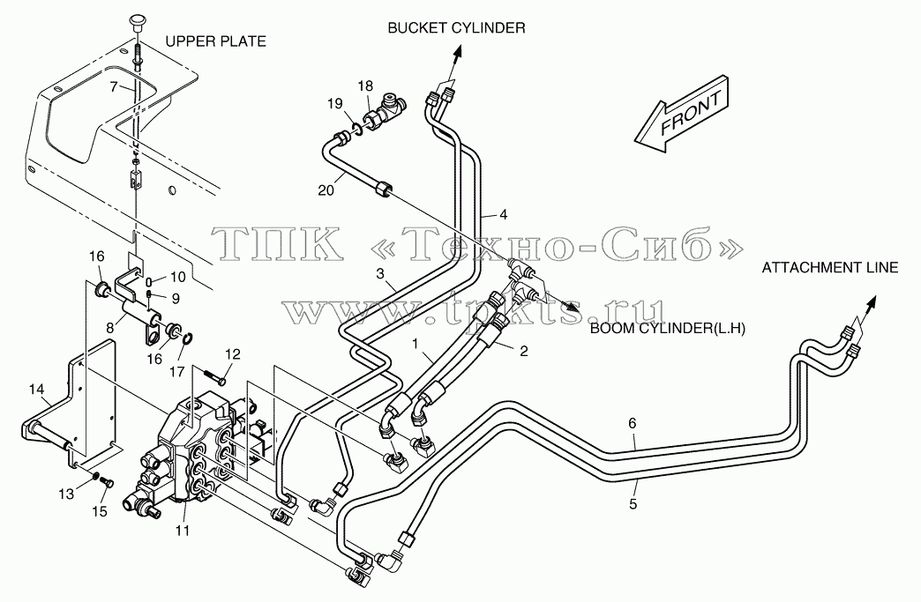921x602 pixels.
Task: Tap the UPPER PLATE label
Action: click(215, 41)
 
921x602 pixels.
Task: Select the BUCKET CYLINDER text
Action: click(456, 27)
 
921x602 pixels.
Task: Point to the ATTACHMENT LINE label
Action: click(830, 268)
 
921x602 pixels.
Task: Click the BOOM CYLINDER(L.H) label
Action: click(667, 329)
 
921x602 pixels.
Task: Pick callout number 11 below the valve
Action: click(183, 531)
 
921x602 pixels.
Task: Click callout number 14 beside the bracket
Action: click(36, 389)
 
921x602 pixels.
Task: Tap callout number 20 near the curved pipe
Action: click(326, 190)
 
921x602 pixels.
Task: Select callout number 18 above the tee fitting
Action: click(365, 86)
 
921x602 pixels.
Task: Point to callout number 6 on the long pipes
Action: click(632, 423)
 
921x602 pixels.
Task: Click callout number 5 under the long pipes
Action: click(633, 503)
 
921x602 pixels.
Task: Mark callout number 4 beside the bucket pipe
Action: click(503, 215)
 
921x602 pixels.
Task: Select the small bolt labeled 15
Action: click(108, 482)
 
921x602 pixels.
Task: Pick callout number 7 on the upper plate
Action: click(114, 87)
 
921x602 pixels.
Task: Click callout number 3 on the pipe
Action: click(380, 273)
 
